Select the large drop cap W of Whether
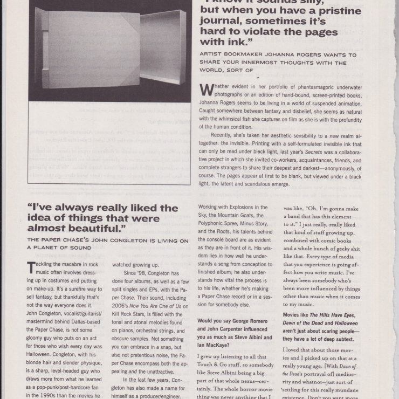tap(206, 90)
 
